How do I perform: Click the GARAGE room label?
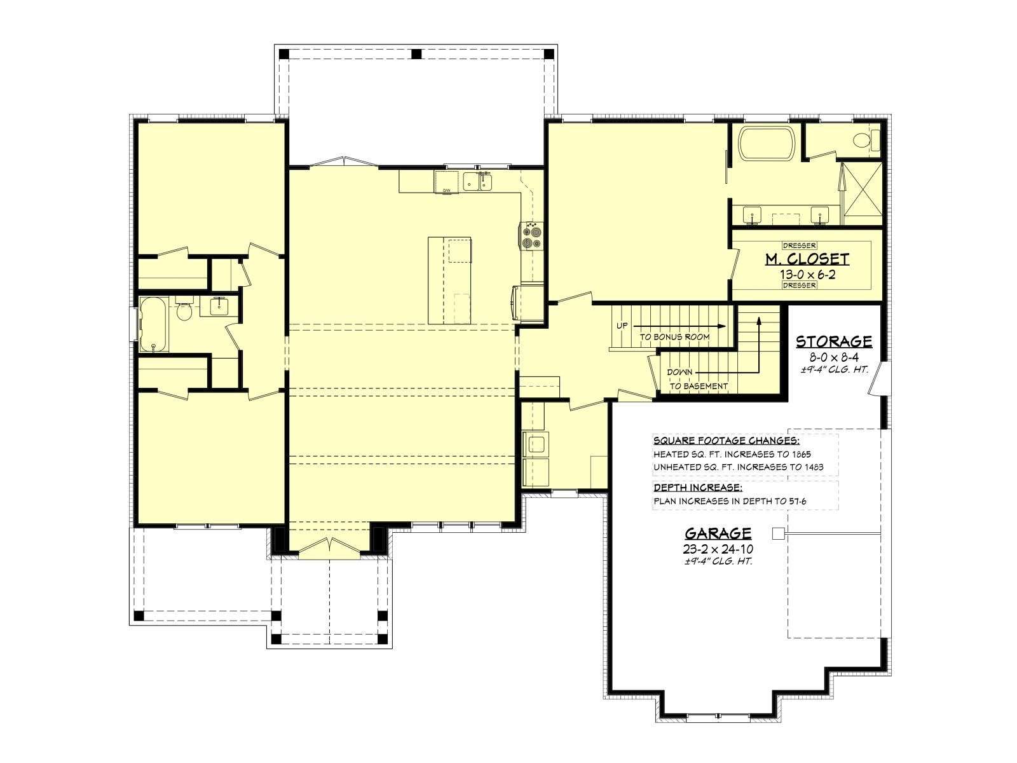tap(718, 533)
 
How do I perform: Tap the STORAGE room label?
tap(834, 341)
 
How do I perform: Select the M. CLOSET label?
tap(807, 259)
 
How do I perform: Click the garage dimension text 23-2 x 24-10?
tap(718, 549)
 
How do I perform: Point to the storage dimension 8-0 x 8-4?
tap(834, 357)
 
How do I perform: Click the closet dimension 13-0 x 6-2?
tap(807, 274)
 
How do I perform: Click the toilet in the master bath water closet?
tap(866, 139)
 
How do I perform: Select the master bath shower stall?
tap(861, 194)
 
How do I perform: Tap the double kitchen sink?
tap(477, 181)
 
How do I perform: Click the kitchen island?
tap(449, 280)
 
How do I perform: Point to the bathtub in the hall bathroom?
tap(154, 324)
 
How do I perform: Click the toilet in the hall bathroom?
tap(184, 309)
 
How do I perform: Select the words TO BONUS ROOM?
tap(674, 337)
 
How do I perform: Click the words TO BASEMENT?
tap(699, 386)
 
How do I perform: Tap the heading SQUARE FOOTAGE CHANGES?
tap(726, 441)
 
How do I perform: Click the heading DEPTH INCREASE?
tap(698, 488)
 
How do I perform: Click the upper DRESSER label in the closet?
tap(799, 245)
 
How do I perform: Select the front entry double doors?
tap(329, 547)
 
